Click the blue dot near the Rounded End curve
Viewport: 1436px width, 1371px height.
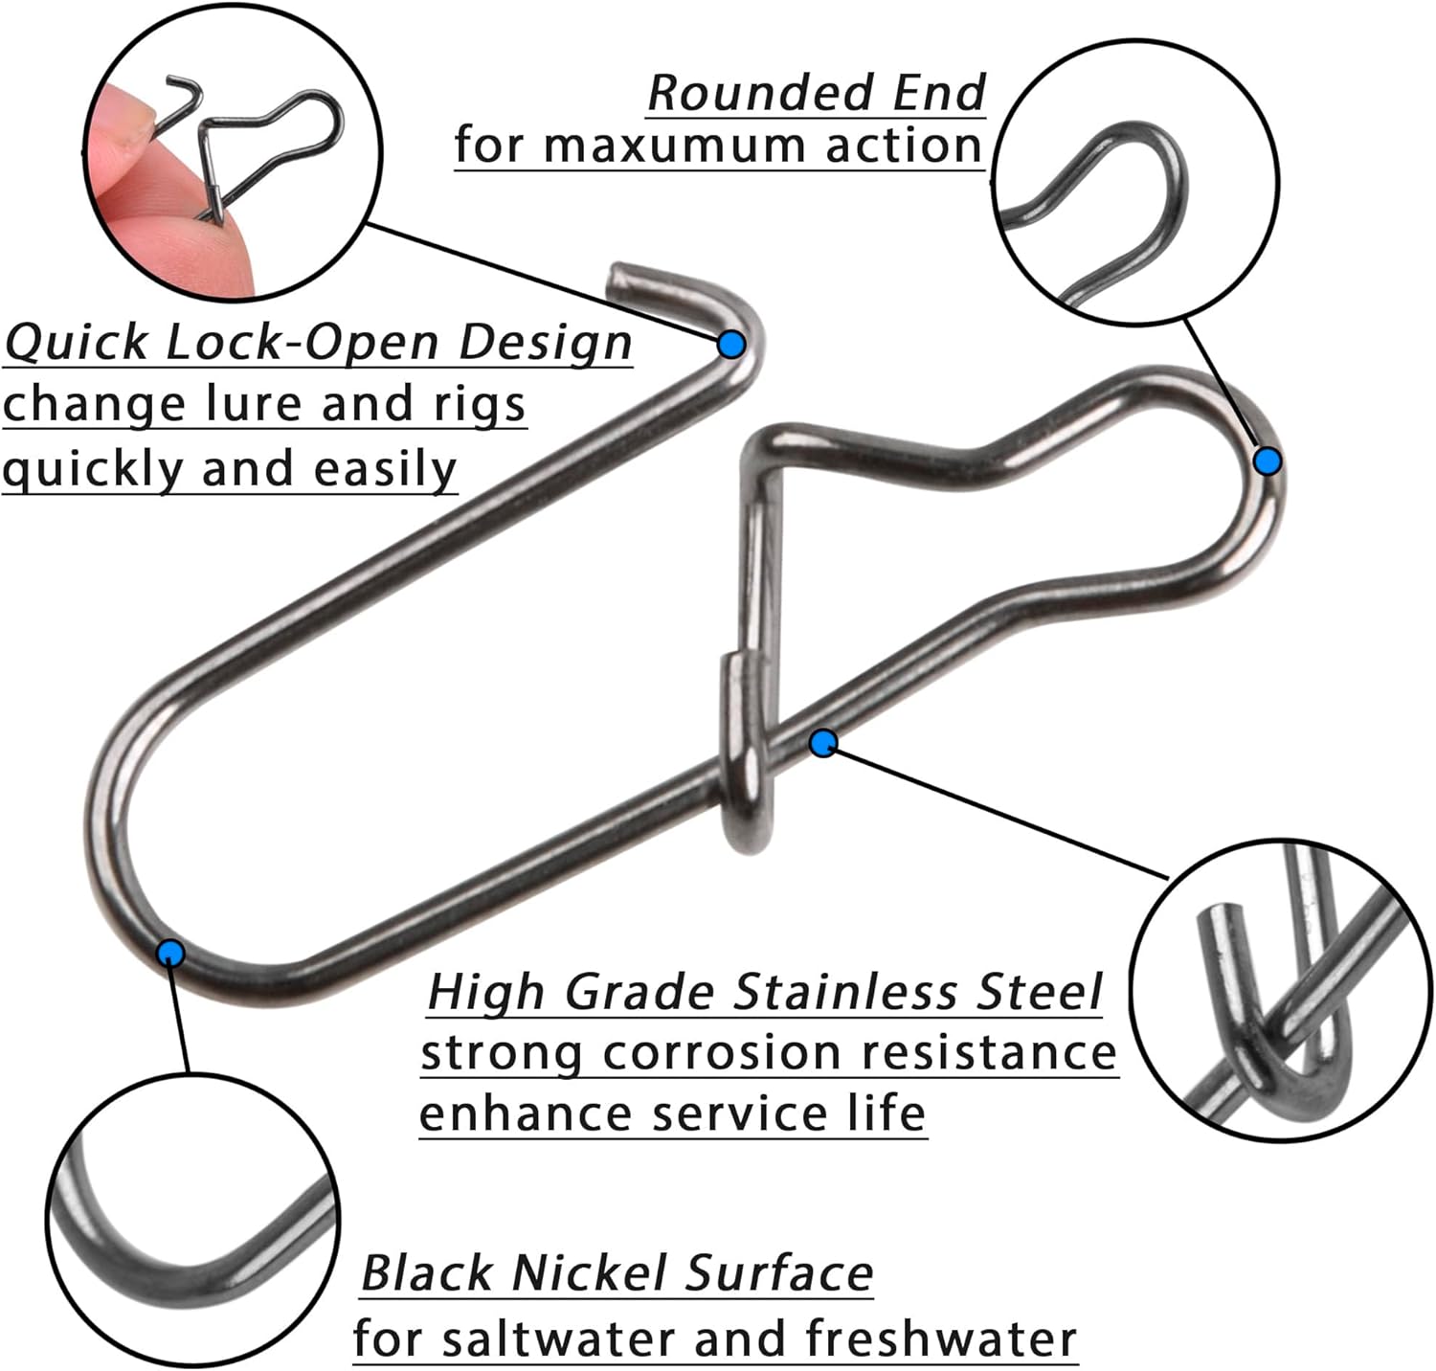coord(1268,461)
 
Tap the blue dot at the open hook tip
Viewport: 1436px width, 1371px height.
coord(731,344)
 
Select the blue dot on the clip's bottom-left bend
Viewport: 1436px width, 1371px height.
coord(171,953)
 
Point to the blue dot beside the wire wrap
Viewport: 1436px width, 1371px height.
coord(823,742)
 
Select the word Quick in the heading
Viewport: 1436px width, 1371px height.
coord(77,342)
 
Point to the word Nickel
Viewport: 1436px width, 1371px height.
coord(589,1273)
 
